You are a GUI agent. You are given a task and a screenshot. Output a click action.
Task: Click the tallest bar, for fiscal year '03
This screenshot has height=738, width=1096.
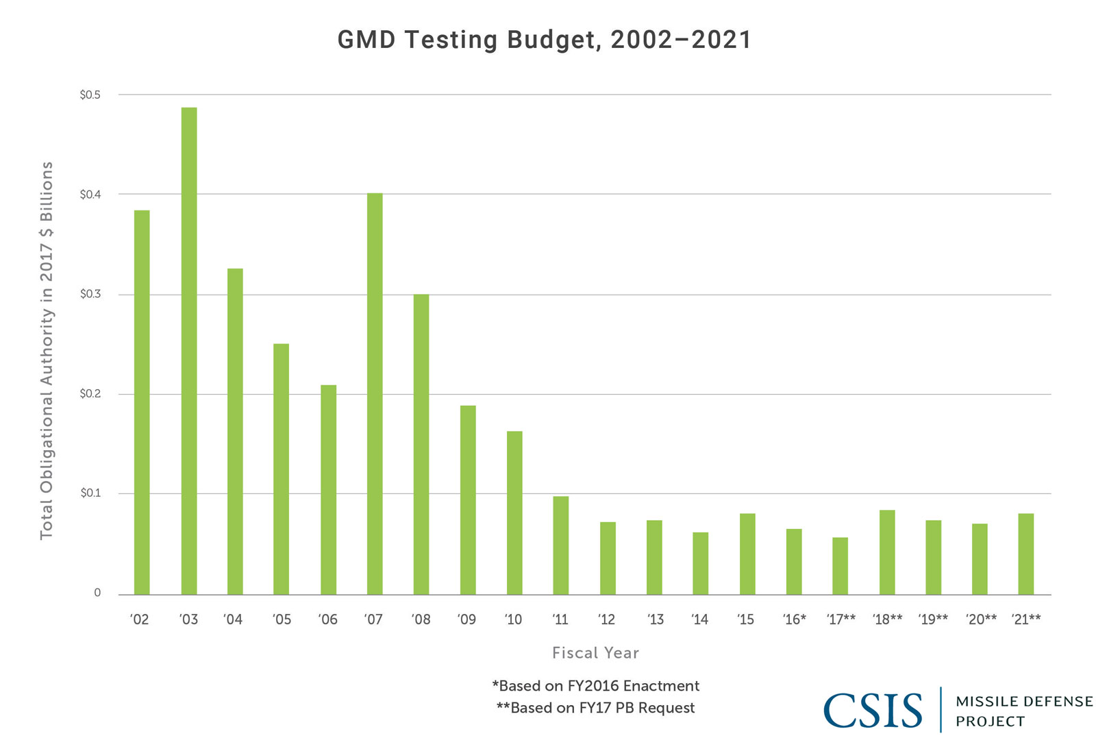pyautogui.click(x=188, y=351)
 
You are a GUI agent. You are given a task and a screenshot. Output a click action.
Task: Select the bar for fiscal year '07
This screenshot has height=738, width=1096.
pyautogui.click(x=375, y=393)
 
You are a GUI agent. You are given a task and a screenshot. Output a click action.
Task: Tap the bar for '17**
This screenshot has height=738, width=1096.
pyautogui.click(x=840, y=565)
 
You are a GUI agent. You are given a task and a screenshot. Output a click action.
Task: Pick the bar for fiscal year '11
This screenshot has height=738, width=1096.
pyautogui.click(x=560, y=545)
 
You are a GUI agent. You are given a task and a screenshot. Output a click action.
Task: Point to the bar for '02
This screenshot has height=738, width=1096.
pyautogui.click(x=142, y=402)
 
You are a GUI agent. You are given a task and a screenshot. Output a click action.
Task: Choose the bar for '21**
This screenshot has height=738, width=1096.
pyautogui.click(x=1025, y=554)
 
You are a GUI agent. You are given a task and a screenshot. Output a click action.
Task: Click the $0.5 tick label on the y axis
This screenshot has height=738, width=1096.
pyautogui.click(x=90, y=95)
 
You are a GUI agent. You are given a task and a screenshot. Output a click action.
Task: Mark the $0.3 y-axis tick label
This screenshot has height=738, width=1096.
pyautogui.click(x=90, y=294)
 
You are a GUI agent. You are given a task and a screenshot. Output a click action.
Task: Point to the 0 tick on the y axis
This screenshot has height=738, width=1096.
pyautogui.click(x=97, y=593)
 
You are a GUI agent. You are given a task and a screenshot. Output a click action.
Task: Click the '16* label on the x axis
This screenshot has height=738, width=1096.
pyautogui.click(x=794, y=619)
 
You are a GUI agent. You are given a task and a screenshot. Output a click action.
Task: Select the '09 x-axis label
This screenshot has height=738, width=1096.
pyautogui.click(x=466, y=619)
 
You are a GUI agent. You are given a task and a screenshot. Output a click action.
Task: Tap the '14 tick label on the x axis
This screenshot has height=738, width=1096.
pyautogui.click(x=699, y=619)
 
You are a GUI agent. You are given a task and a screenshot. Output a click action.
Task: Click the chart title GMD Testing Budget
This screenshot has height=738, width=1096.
pyautogui.click(x=545, y=40)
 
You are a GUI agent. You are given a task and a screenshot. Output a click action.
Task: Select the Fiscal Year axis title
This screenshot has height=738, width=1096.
pyautogui.click(x=595, y=653)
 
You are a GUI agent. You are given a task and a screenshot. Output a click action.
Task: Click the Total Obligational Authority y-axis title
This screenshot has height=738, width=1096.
pyautogui.click(x=47, y=350)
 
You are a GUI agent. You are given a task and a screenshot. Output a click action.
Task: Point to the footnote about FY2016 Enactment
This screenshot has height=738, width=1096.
pyautogui.click(x=595, y=686)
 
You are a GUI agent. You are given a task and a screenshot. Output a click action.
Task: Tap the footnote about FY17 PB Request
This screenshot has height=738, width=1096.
pyautogui.click(x=595, y=708)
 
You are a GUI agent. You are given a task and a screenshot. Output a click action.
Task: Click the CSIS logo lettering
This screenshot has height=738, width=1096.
pyautogui.click(x=873, y=711)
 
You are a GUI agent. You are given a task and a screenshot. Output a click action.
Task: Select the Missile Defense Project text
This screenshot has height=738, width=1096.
pyautogui.click(x=1023, y=711)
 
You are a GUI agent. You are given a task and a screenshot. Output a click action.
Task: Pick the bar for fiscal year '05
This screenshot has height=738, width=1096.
pyautogui.click(x=281, y=469)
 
